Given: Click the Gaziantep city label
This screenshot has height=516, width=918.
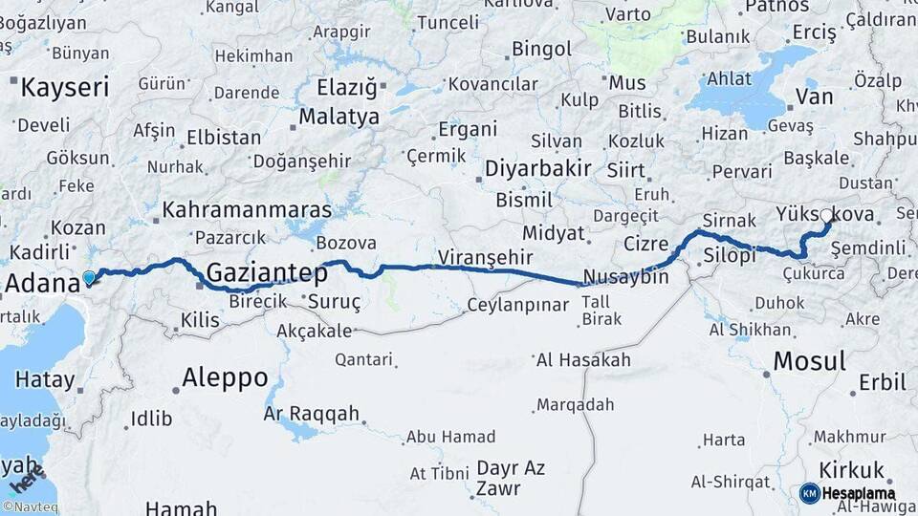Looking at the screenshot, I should click(x=267, y=272).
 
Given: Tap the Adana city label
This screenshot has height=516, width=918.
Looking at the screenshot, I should click(x=42, y=283).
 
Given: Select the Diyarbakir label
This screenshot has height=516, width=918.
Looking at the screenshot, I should click(x=537, y=169).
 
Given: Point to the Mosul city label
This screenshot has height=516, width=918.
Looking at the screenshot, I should click(x=809, y=361).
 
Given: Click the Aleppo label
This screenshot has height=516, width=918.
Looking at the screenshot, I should click(x=225, y=376).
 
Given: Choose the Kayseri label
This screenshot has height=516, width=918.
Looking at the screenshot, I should click(x=65, y=88).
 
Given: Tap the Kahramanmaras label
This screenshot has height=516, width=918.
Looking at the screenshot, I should click(x=248, y=209).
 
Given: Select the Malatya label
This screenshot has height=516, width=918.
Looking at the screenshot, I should click(x=339, y=118).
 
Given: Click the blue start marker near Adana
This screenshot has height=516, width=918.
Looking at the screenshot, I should click(x=89, y=278).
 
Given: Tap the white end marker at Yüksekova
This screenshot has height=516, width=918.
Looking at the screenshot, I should click(x=826, y=215).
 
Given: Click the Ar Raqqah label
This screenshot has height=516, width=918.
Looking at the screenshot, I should click(x=312, y=414).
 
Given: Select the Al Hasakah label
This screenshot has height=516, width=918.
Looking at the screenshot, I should click(x=583, y=360).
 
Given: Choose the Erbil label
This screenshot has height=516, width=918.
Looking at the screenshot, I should click(x=882, y=382).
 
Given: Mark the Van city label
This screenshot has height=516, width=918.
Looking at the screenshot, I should click(x=815, y=97).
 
